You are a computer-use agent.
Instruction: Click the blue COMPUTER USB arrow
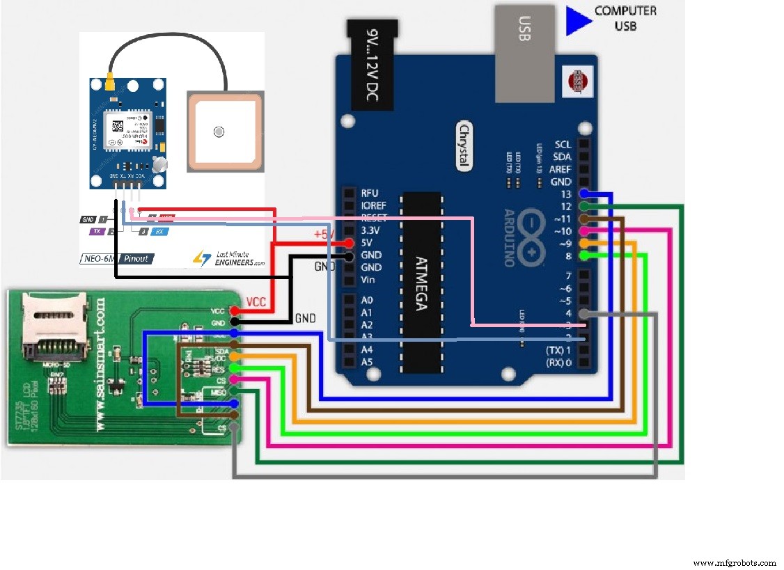click(576, 20)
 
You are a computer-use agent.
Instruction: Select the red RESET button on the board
click(577, 80)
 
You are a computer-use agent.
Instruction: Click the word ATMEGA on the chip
click(421, 282)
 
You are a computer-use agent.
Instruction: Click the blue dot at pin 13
click(584, 194)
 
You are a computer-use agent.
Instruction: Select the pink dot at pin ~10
click(584, 230)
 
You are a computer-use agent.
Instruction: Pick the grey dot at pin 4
click(584, 314)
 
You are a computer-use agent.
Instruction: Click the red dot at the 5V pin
click(349, 243)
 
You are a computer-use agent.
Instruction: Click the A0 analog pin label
click(366, 300)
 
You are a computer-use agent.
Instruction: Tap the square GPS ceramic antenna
click(225, 132)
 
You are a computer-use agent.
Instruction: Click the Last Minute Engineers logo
click(229, 258)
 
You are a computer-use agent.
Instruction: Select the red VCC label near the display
click(257, 302)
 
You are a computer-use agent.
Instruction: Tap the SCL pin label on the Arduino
click(563, 144)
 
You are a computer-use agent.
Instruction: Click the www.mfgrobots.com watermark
click(735, 562)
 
